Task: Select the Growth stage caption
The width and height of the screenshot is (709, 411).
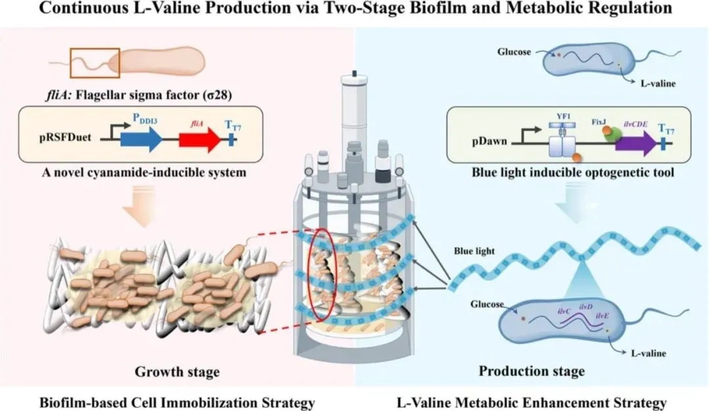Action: point(177,372)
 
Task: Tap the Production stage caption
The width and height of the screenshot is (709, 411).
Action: point(531,372)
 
